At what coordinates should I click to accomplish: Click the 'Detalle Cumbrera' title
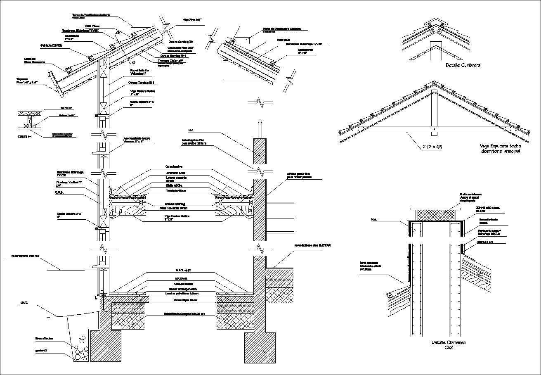coord(463,65)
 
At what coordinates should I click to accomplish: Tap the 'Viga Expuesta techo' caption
coord(501,146)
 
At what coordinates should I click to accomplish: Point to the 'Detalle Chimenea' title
coord(449,343)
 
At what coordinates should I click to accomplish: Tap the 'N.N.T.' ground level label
coord(23,303)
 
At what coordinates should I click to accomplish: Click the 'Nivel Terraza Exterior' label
coord(23,256)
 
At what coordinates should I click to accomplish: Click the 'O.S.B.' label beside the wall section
coord(59,192)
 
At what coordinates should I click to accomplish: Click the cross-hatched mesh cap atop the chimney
coord(436,215)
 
